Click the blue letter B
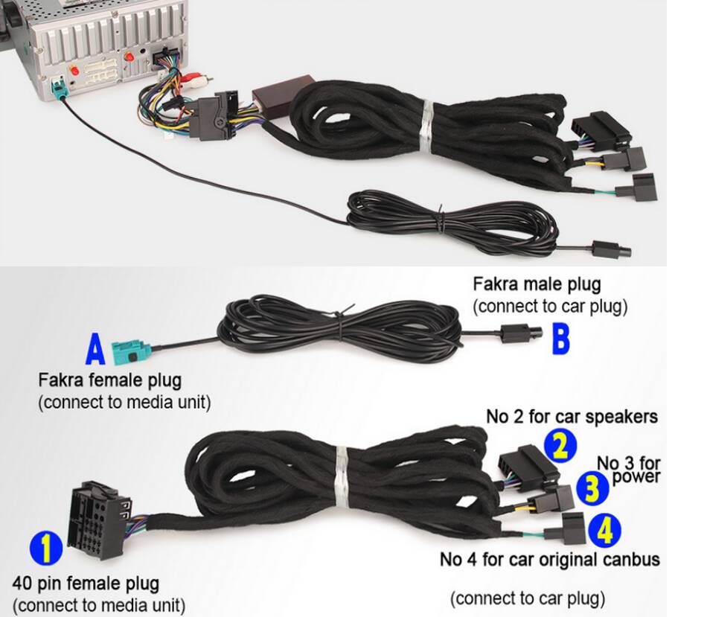pyautogui.click(x=560, y=337)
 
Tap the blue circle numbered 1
pyautogui.click(x=46, y=550)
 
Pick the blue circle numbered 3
pyautogui.click(x=591, y=488)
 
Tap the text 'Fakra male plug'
pyautogui.click(x=537, y=284)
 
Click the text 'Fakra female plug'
pyautogui.click(x=109, y=380)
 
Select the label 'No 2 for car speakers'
pyautogui.click(x=572, y=416)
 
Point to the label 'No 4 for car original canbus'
pyautogui.click(x=549, y=559)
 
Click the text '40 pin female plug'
pyautogui.click(x=86, y=583)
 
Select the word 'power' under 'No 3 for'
pyautogui.click(x=636, y=475)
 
